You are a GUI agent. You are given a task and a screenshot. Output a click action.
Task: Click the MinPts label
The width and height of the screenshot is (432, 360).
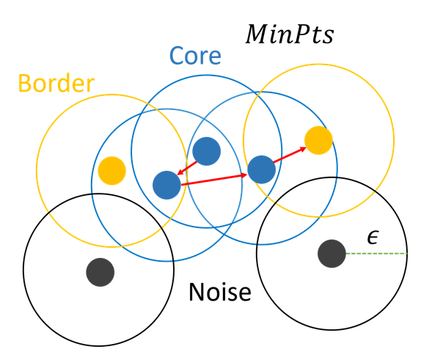290,34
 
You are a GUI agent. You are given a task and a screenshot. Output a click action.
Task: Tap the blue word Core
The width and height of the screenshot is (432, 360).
195,56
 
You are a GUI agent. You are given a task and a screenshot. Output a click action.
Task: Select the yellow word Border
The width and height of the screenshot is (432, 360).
56,83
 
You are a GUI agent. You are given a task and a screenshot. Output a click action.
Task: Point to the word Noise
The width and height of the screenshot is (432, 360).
220,292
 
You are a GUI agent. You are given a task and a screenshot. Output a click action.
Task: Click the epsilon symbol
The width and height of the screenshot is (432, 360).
373,238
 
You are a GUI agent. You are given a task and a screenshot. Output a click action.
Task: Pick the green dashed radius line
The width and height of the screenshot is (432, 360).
376,254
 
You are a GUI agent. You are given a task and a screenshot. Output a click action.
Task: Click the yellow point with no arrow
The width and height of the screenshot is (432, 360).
112,171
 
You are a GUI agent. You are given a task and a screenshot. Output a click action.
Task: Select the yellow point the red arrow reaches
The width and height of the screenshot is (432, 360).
318,140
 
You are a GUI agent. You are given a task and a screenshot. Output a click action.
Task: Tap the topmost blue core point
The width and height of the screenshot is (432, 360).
207,152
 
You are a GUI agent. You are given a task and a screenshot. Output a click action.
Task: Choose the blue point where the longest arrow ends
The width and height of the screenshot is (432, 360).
261,169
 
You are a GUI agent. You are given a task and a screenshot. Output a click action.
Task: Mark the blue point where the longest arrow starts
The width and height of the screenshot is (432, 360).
166,185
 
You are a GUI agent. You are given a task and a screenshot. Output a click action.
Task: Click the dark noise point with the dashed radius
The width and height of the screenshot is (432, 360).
332,254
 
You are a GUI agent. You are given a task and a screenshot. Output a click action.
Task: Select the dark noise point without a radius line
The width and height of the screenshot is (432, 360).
100,272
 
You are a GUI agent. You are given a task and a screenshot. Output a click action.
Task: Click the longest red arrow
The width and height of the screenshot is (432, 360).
214,180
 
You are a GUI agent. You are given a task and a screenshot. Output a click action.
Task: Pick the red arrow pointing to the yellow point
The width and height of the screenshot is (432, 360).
290,155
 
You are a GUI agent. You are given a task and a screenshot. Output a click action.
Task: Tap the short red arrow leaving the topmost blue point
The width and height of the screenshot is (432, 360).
187,168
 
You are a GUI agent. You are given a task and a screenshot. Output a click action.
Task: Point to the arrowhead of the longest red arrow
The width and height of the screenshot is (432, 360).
244,175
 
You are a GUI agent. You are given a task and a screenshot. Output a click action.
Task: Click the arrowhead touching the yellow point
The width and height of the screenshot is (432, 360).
304,149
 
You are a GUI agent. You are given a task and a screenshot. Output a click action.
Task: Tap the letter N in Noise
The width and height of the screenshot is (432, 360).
196,292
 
